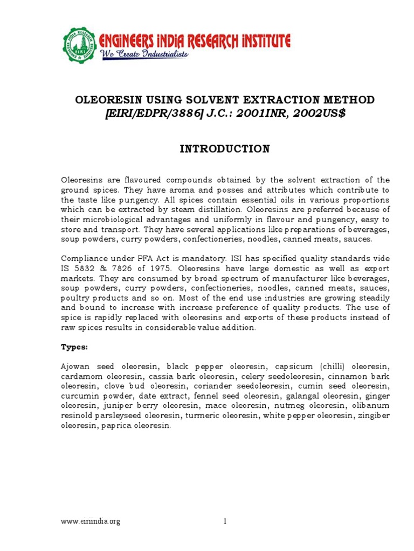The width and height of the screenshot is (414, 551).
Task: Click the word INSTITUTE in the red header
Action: tap(258, 40)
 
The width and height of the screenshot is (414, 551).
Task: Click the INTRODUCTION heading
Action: tap(224, 149)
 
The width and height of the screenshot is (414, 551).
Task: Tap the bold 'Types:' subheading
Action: tap(73, 347)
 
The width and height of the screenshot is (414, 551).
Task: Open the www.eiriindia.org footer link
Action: tap(90, 521)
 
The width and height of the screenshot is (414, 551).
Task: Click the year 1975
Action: tap(156, 269)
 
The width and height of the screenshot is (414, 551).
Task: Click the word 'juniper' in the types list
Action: tap(113, 406)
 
